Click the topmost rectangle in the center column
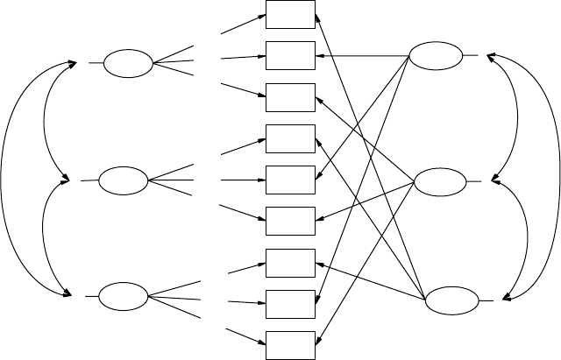[291, 15]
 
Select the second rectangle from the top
[291, 56]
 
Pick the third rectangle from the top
[291, 97]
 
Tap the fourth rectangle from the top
[291, 138]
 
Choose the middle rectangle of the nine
[291, 180]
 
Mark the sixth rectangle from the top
[291, 221]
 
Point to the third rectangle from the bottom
[291, 263]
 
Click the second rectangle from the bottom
[291, 303]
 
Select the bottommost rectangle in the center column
[291, 345]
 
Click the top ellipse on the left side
[128, 64]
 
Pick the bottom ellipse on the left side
[124, 297]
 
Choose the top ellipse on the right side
[436, 57]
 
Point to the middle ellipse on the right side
[439, 182]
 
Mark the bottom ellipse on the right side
[451, 300]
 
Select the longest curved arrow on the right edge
[555, 175]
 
